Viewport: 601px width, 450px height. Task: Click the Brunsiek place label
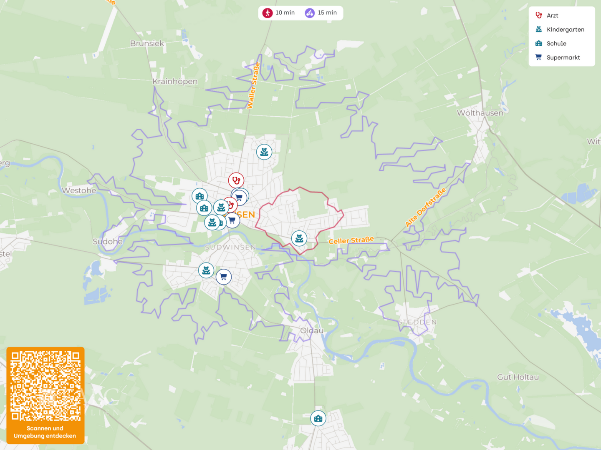tap(147, 43)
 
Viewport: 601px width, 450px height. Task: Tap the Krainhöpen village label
tap(175, 81)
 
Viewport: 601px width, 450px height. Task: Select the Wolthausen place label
tap(480, 113)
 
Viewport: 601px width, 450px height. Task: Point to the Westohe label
tap(79, 190)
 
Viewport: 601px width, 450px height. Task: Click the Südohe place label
tap(108, 242)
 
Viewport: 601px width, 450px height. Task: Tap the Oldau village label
tap(312, 330)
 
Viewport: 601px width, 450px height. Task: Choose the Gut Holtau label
tap(518, 377)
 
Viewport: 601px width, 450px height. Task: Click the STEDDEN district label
tap(417, 322)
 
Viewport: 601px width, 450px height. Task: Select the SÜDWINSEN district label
tap(230, 247)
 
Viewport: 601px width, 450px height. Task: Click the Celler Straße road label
tap(351, 240)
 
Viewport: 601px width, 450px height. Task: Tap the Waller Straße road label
tap(253, 85)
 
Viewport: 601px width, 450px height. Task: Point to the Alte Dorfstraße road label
tap(426, 207)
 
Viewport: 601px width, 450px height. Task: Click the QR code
tap(45, 386)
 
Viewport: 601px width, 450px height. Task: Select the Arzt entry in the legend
tap(552, 15)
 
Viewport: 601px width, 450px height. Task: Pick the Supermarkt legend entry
tap(563, 57)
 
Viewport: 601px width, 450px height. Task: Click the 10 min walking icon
tap(268, 13)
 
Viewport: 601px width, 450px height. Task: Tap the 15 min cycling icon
tap(310, 13)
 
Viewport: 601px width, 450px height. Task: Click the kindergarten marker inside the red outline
tap(299, 238)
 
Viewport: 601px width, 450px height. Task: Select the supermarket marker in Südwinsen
tap(224, 276)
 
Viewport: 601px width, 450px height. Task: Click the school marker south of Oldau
tap(318, 418)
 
